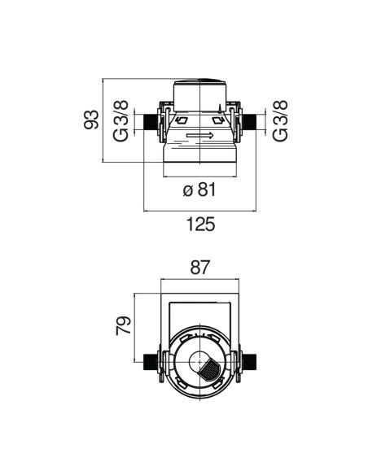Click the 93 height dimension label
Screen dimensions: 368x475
[x=91, y=120]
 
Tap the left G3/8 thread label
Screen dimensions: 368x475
[x=120, y=121]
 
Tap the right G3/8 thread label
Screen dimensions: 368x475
[x=279, y=121]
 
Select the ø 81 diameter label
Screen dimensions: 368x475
[x=199, y=190]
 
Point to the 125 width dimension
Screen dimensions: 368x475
[x=200, y=224]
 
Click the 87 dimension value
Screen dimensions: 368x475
[x=200, y=268]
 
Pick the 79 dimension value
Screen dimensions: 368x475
[x=124, y=325]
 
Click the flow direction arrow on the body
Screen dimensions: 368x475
[x=199, y=135]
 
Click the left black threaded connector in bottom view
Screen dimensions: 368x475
[x=151, y=361]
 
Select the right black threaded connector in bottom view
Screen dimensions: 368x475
[x=249, y=361]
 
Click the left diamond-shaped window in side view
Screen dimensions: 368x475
[x=181, y=120]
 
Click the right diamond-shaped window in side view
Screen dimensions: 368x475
[x=218, y=120]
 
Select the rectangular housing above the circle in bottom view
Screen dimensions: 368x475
[x=200, y=315]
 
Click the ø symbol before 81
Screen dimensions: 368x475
[x=188, y=191]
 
